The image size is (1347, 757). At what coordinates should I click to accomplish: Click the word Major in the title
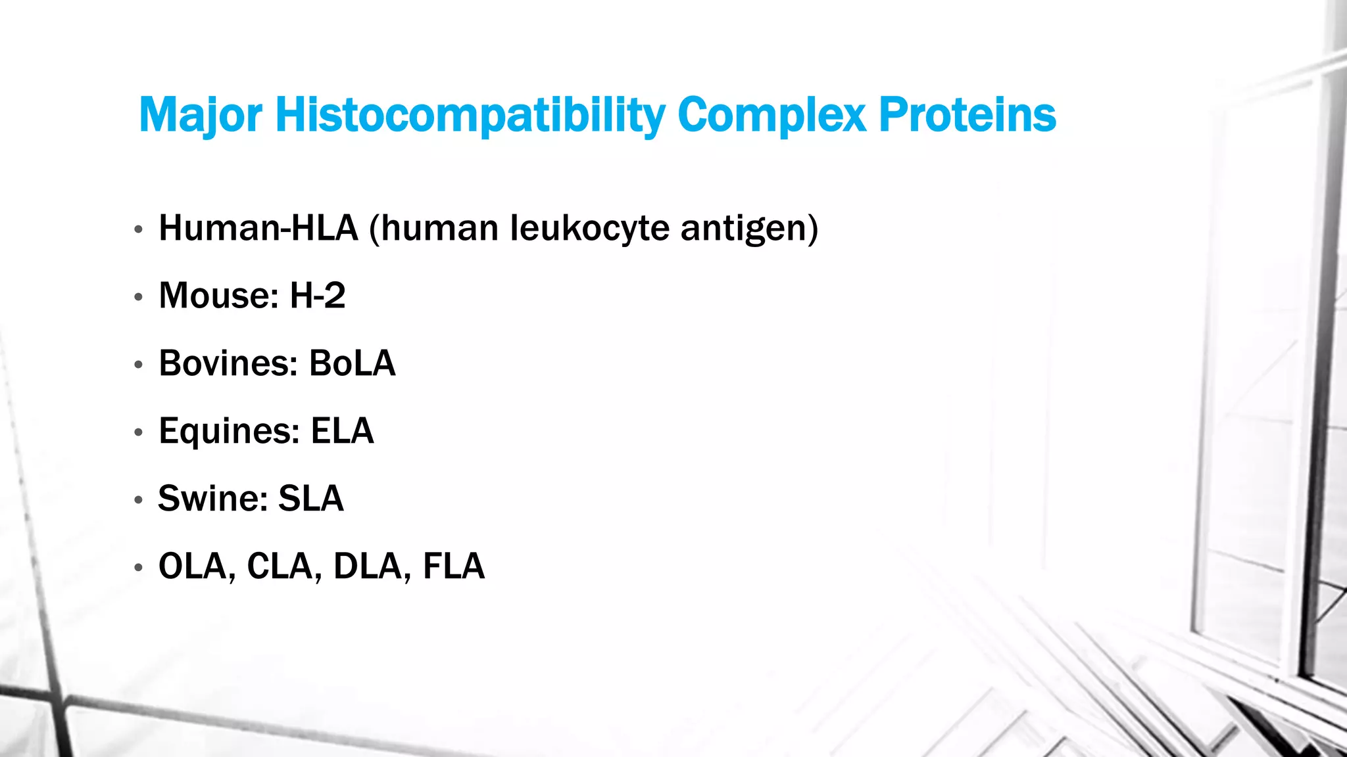[200, 116]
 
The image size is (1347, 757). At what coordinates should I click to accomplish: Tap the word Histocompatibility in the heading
[470, 116]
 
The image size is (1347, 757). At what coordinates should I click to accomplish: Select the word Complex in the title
[771, 116]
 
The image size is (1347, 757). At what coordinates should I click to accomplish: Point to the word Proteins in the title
[967, 116]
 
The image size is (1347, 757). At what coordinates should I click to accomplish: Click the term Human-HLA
[258, 229]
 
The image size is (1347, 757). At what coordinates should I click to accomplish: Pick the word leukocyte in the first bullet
[590, 229]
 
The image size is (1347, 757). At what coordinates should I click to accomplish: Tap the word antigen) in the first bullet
[749, 229]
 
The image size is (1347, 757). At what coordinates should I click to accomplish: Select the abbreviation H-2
[317, 296]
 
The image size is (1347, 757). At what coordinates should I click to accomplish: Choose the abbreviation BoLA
[352, 363]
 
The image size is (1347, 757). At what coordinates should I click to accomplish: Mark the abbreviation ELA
[342, 431]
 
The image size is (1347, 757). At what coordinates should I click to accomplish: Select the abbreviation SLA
[310, 498]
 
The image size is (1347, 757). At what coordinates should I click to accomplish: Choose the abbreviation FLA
[453, 566]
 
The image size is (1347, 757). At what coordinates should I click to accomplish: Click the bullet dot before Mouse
[138, 297]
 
